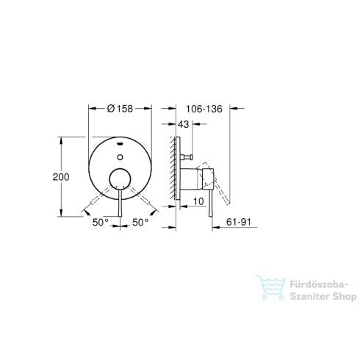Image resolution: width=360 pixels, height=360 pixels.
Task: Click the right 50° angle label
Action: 141,218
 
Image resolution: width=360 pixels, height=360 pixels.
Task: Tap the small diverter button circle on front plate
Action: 120,156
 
